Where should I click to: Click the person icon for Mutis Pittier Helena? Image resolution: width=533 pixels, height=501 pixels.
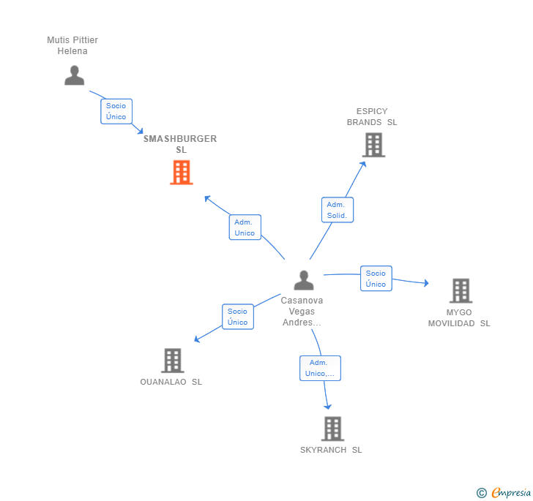tap(74, 75)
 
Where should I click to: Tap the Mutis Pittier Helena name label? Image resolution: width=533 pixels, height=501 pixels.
tap(72, 45)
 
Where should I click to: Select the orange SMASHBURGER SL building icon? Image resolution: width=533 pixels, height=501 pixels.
tap(181, 173)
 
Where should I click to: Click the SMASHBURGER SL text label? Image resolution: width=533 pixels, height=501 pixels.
tap(180, 144)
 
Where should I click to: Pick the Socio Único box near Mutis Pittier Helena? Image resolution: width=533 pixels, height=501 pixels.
tap(116, 111)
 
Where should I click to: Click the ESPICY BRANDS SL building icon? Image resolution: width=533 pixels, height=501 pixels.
tap(373, 145)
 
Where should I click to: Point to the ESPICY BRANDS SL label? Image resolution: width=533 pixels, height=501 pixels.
tap(372, 117)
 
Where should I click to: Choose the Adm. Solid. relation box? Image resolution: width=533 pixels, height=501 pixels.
tap(337, 210)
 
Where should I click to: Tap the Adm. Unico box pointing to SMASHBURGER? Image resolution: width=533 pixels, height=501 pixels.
tap(245, 227)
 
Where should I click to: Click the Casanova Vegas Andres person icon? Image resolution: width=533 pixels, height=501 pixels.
tap(303, 280)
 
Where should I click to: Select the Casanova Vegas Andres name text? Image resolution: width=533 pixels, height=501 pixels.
tap(302, 311)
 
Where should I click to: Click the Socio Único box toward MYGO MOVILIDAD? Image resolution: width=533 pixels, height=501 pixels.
tap(376, 279)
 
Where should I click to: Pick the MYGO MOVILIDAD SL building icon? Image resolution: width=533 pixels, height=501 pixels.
tap(461, 290)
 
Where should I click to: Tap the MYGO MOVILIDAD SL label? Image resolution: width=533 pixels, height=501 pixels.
tap(459, 317)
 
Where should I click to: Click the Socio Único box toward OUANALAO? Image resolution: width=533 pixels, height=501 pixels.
tap(237, 317)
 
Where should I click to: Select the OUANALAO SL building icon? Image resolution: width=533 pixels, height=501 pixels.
tap(172, 360)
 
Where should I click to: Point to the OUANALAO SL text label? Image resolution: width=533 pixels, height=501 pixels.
tap(171, 382)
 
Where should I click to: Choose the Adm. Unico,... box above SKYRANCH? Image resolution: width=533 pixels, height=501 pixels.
tap(320, 368)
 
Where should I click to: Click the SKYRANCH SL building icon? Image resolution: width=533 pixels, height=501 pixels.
tap(332, 429)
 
